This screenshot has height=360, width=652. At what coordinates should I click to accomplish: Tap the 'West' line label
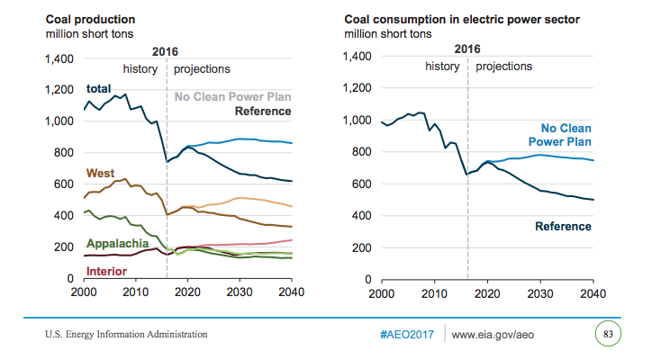(100, 173)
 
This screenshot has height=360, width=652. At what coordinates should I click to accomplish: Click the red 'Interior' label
(105, 271)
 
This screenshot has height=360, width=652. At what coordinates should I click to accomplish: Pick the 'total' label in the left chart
(99, 88)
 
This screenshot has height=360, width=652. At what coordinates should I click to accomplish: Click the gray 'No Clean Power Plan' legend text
(232, 96)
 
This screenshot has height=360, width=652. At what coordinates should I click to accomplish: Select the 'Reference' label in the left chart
(262, 111)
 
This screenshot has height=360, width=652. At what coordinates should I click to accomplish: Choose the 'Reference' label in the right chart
(563, 226)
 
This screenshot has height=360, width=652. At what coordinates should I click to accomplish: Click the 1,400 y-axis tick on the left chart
(59, 58)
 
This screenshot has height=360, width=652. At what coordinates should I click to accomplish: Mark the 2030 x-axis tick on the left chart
(240, 293)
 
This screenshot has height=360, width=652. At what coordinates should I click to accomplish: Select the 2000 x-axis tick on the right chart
(382, 293)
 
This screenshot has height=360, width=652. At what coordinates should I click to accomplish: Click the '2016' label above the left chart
(166, 51)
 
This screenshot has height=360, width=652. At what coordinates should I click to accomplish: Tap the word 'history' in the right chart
(442, 67)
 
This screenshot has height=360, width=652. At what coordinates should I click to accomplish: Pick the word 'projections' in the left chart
(202, 68)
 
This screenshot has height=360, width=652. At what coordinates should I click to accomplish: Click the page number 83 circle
(608, 335)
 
